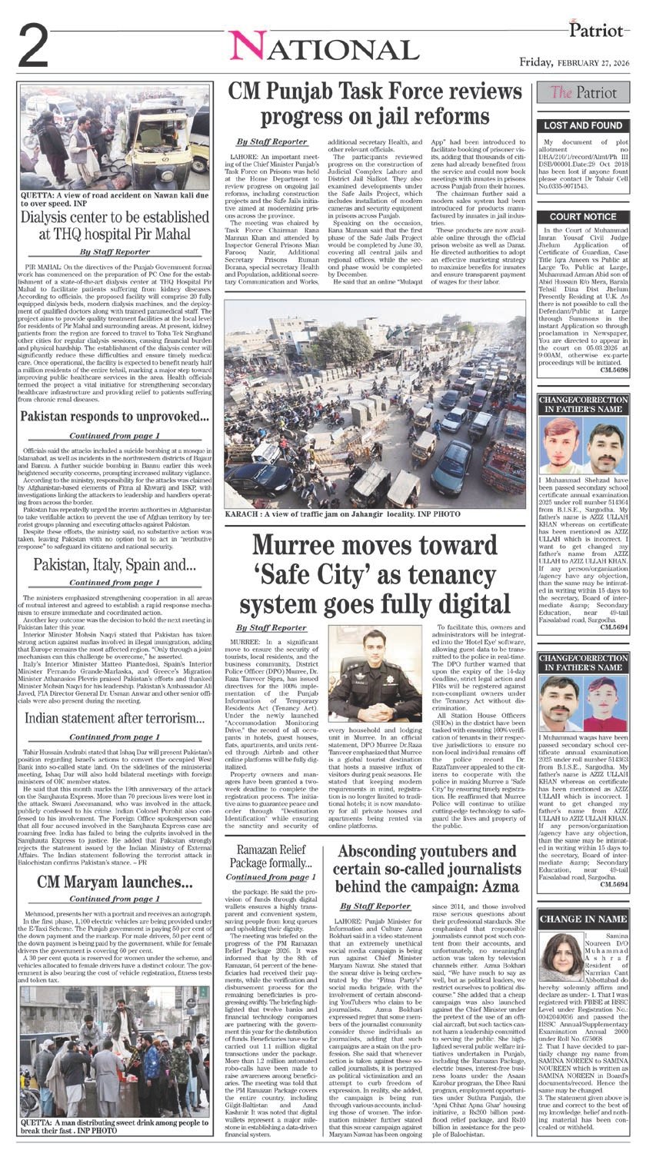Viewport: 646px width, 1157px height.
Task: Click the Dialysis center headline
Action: coord(115,228)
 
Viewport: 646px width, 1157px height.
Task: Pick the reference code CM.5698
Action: coord(614,371)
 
